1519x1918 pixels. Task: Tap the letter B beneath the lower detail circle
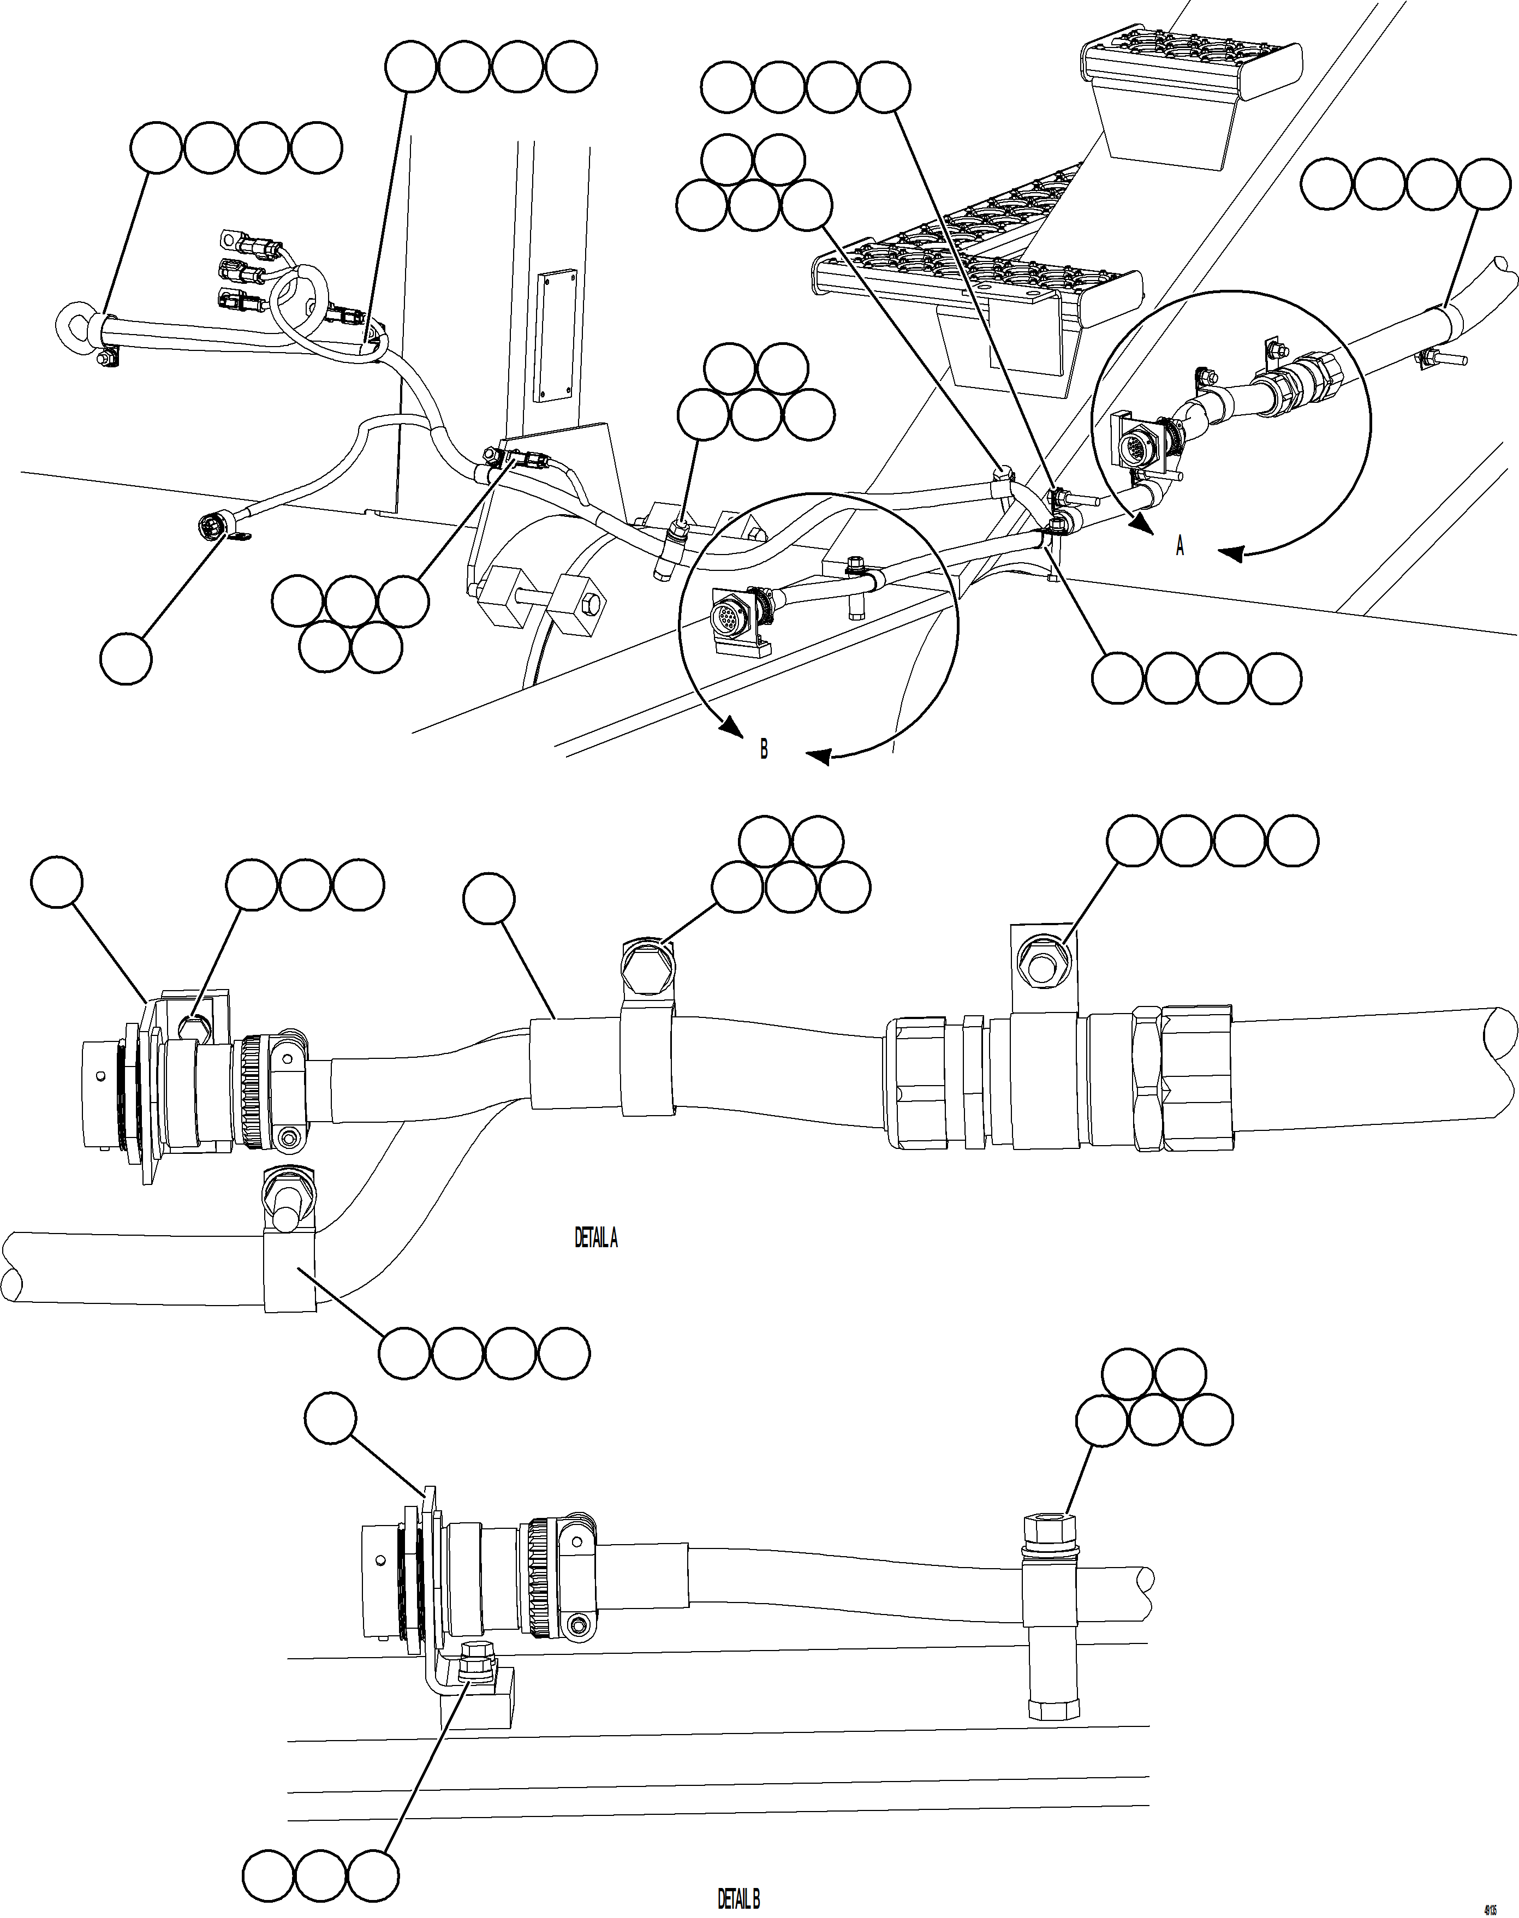pyautogui.click(x=763, y=749)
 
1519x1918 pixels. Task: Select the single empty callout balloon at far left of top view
pyautogui.click(x=126, y=659)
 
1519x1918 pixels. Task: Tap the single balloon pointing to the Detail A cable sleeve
pyautogui.click(x=489, y=898)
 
